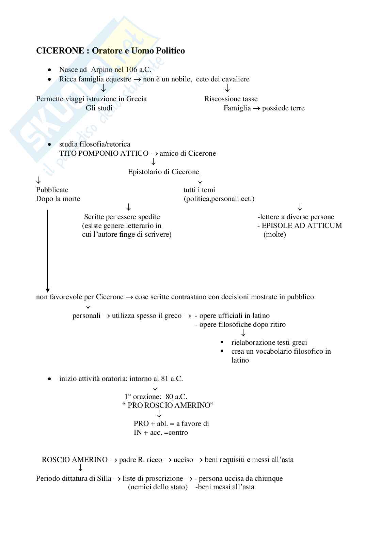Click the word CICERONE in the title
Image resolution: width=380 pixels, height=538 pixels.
[x=60, y=51]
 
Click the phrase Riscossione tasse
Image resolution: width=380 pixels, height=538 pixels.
[x=231, y=99]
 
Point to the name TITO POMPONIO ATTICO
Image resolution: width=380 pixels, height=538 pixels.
[x=104, y=153]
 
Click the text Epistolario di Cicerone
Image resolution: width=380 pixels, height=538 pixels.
[x=163, y=172]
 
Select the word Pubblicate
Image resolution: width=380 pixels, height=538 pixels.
[x=52, y=190]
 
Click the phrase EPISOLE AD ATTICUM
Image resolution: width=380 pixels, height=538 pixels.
[x=302, y=226]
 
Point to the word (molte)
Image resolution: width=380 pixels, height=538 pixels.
[x=274, y=234]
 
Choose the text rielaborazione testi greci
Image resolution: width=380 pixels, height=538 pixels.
[x=269, y=342]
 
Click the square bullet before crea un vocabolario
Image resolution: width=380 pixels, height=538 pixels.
[x=222, y=351]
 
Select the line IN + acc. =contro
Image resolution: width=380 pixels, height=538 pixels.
[x=161, y=432]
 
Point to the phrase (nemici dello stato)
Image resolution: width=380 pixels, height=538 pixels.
[x=158, y=487]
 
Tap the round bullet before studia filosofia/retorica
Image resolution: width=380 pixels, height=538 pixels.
[x=50, y=144]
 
